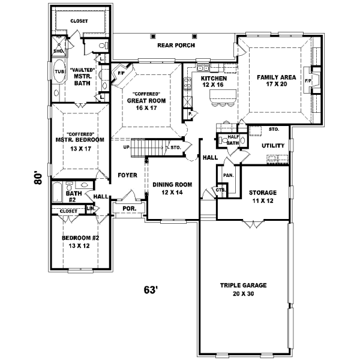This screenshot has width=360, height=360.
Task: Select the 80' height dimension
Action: click(38, 178)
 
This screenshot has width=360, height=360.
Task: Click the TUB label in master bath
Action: click(59, 72)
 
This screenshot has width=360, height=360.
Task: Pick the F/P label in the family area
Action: click(308, 80)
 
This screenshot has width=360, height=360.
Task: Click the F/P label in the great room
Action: click(121, 73)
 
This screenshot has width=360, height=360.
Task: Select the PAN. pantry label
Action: click(228, 175)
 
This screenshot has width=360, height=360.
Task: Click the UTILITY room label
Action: click(272, 146)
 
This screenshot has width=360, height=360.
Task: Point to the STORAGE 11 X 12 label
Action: click(263, 196)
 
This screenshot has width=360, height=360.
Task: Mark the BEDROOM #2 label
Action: click(79, 241)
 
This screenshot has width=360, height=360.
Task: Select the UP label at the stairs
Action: click(126, 147)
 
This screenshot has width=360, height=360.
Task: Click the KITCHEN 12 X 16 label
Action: click(214, 82)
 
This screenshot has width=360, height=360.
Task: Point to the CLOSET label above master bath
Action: click(79, 21)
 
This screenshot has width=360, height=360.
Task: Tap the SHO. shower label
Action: click(59, 51)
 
